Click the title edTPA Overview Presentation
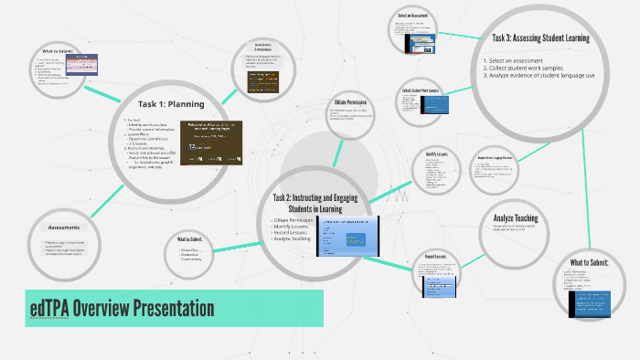point(123,309)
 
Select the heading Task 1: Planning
point(171,103)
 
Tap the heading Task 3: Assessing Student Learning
point(539,38)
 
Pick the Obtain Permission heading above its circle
point(351,102)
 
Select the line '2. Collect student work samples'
point(529,68)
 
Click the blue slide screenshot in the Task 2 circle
point(347,235)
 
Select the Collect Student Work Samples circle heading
point(421,91)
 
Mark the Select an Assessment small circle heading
point(413,16)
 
